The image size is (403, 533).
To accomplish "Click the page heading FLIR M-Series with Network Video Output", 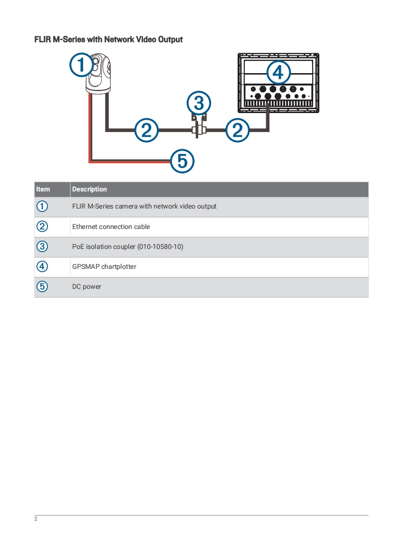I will coord(108,39).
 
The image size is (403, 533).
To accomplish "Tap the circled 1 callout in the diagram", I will coord(82,65).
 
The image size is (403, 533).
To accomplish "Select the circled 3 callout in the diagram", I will coord(199,103).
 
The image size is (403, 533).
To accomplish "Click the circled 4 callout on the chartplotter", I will coord(278,73).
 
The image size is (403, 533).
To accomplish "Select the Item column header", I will coord(43,189).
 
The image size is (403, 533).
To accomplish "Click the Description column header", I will coord(89,189).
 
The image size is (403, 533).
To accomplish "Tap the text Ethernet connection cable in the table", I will coord(111,227).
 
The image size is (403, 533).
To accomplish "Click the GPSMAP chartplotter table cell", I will coord(104,266).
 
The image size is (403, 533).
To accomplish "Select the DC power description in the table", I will coord(86,286).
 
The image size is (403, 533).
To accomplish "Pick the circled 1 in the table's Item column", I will coord(43,206).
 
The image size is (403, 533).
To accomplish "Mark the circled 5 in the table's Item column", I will coord(43,286).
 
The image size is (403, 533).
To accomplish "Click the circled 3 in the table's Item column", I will coord(43,247).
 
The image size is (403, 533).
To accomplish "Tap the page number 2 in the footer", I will coord(36,519).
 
